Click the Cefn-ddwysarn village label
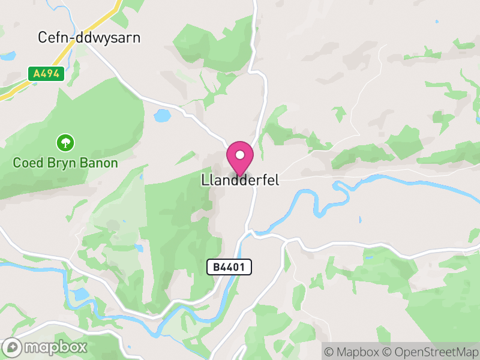pyautogui.click(x=89, y=38)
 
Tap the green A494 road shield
pyautogui.click(x=46, y=73)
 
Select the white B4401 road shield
pyautogui.click(x=229, y=267)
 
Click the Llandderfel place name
pyautogui.click(x=240, y=180)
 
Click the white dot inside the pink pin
pyautogui.click(x=240, y=155)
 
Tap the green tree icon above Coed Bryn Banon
pyautogui.click(x=65, y=143)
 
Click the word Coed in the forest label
pyautogui.click(x=28, y=163)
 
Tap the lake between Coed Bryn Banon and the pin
pyautogui.click(x=162, y=115)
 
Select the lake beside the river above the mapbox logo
pyautogui.click(x=77, y=295)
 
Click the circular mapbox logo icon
pyautogui.click(x=13, y=347)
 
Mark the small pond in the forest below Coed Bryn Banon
pyautogui.click(x=138, y=247)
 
